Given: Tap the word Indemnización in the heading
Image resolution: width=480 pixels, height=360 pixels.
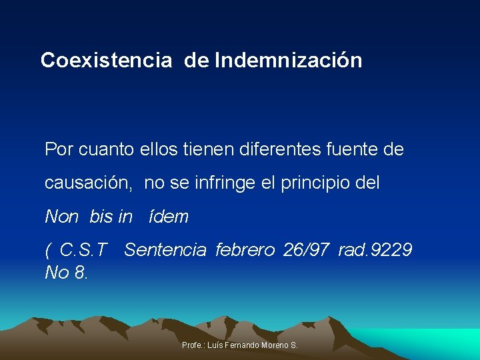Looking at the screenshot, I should (289, 61).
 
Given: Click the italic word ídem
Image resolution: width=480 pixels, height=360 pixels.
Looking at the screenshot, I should (170, 217).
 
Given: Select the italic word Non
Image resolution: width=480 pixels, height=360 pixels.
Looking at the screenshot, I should (62, 217).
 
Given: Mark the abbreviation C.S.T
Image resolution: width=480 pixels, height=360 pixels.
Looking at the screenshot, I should (83, 250).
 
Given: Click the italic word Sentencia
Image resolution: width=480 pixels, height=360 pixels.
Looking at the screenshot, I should (165, 250).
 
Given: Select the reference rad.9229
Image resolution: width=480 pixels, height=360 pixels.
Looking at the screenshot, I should (375, 250).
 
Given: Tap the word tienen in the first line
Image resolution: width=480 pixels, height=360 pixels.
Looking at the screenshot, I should (204, 149).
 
